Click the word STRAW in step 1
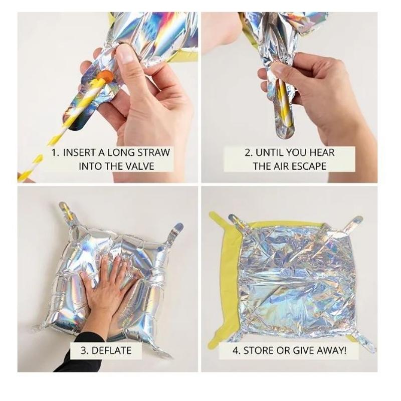click(x=153, y=152)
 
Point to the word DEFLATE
click(x=111, y=350)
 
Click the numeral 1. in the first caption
click(x=56, y=153)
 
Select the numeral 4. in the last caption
click(x=236, y=350)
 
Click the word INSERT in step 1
click(x=79, y=153)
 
